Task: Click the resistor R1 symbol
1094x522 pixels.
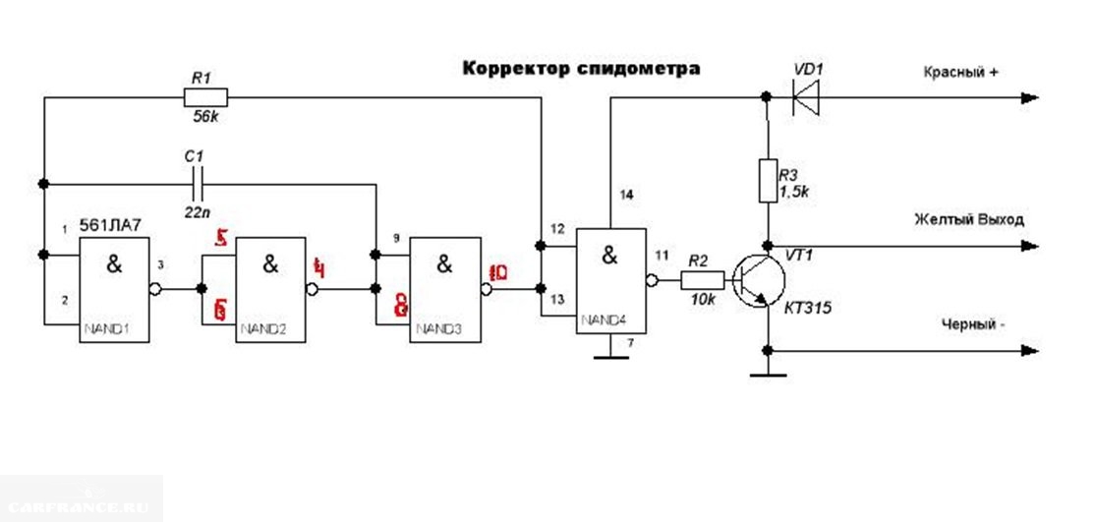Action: [x=205, y=96]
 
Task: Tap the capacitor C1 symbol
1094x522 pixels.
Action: [x=198, y=183]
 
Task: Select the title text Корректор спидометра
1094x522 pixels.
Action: [x=581, y=69]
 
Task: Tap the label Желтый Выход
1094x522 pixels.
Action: [x=968, y=219]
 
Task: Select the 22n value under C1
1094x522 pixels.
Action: [x=196, y=212]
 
